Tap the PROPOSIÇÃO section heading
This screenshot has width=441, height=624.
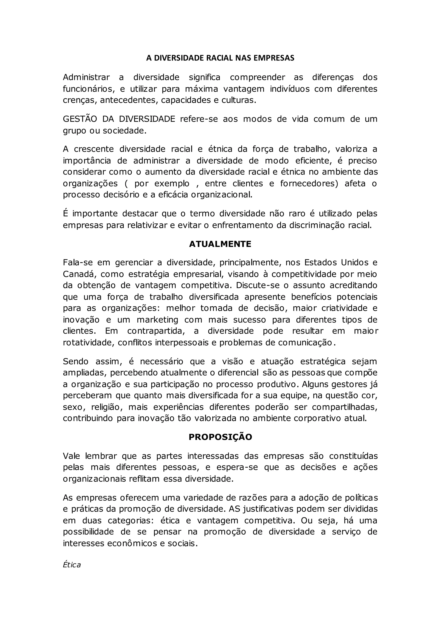pyautogui.click(x=220, y=437)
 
